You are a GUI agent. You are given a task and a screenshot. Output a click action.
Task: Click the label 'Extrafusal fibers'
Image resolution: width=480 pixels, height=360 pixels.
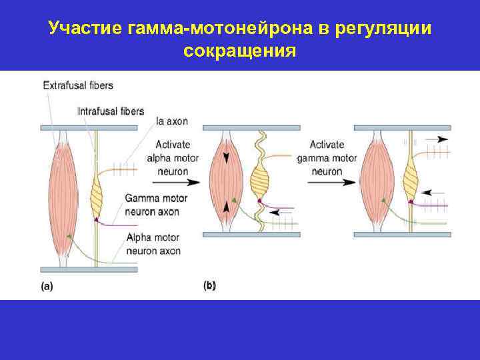tap(78, 85)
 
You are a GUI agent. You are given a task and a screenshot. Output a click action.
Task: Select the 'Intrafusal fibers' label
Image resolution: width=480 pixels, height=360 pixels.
tap(111, 111)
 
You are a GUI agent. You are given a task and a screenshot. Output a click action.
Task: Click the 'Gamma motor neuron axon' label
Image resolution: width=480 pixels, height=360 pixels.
tap(156, 205)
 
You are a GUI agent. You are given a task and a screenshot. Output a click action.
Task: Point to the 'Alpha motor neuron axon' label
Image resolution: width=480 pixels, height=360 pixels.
tap(153, 245)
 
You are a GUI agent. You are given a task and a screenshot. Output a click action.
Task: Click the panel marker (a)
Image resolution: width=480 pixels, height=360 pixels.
tap(47, 287)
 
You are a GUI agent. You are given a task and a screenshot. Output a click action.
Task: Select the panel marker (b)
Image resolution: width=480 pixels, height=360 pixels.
tap(209, 285)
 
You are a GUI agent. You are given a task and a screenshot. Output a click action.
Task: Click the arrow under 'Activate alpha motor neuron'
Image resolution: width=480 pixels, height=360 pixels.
tap(182, 181)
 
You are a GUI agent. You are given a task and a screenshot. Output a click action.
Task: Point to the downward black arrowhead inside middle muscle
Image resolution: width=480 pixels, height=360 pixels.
tap(227, 158)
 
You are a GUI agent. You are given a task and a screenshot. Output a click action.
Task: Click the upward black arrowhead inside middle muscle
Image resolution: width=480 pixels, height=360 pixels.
tap(227, 207)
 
